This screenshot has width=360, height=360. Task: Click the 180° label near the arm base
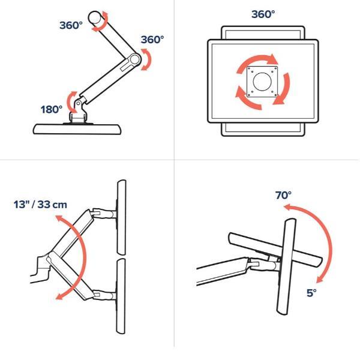[x=52, y=110]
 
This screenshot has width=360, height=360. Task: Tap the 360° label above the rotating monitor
[x=263, y=14]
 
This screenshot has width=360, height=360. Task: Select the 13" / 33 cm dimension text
[x=40, y=205]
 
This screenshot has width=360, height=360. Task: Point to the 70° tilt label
[x=284, y=195]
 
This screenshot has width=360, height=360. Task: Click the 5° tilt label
[x=311, y=293]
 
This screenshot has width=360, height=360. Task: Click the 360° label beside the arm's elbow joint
[x=152, y=40]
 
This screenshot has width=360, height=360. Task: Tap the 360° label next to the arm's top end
[x=71, y=25]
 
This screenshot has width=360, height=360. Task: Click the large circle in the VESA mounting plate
[x=262, y=82]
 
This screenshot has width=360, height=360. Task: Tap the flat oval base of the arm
[x=77, y=129]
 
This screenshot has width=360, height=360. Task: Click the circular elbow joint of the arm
[x=134, y=59]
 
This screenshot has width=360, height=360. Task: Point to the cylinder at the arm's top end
[x=96, y=17]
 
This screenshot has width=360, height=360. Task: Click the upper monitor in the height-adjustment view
[x=121, y=217]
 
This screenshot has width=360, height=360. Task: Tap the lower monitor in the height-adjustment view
[x=121, y=296]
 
